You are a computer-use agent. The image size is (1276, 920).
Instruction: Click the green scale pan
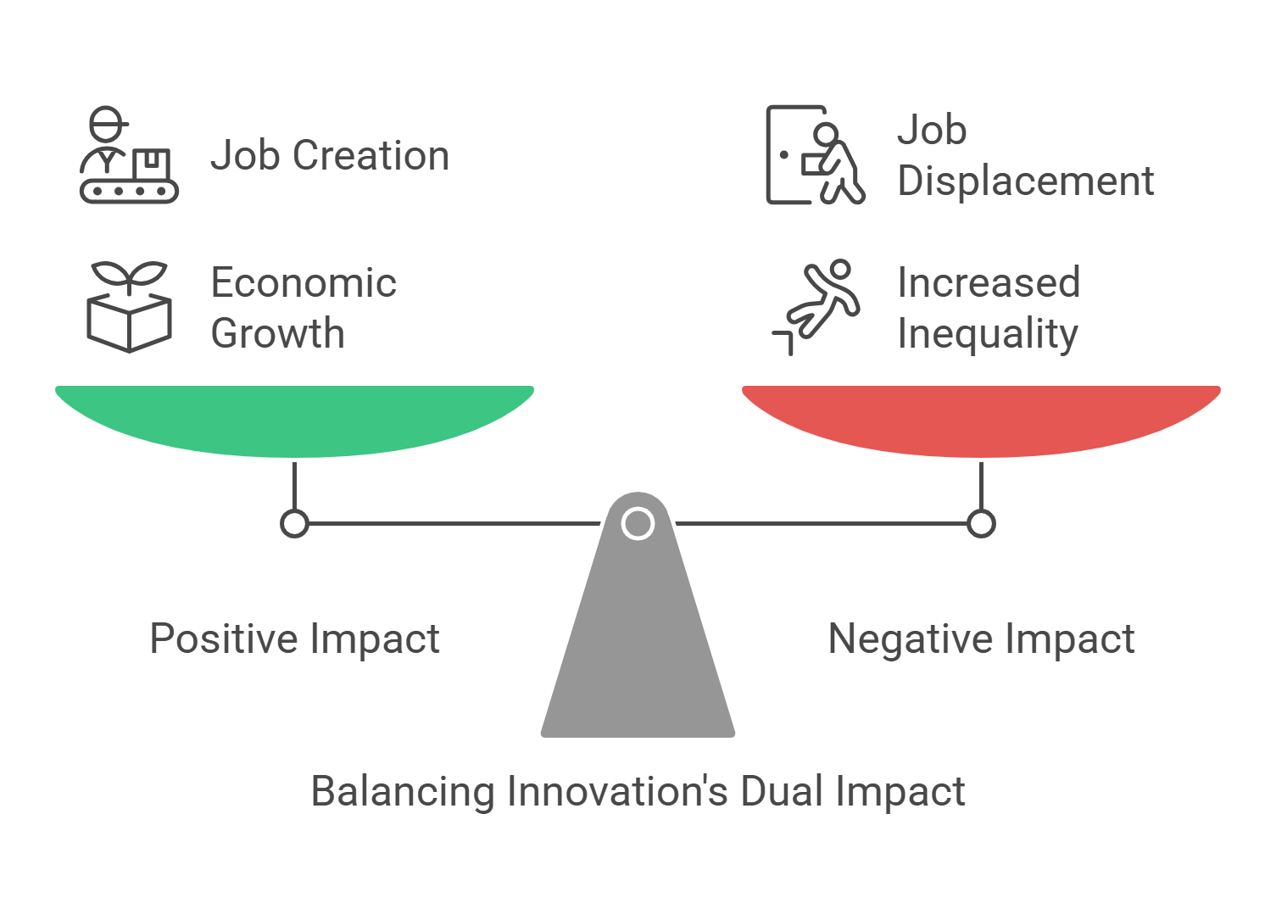click(x=294, y=420)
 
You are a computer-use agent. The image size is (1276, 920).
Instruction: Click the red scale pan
click(x=981, y=420)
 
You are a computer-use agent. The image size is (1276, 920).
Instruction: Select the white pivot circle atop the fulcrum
click(x=638, y=523)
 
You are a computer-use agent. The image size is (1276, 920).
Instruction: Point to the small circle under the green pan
click(x=294, y=523)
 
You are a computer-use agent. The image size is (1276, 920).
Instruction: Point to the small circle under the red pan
click(x=981, y=523)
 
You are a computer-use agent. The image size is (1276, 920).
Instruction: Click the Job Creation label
click(x=330, y=156)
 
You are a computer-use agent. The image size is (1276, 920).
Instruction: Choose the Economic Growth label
click(x=304, y=308)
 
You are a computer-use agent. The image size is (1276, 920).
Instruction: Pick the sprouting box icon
click(x=129, y=307)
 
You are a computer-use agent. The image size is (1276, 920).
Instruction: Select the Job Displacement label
click(x=1025, y=155)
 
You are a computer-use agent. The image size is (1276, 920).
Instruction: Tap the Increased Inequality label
click(x=989, y=308)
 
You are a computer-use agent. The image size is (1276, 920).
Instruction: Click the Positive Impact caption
click(x=294, y=638)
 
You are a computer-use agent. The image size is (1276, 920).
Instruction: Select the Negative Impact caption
click(x=981, y=638)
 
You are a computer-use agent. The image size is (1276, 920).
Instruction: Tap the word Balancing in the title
click(x=403, y=792)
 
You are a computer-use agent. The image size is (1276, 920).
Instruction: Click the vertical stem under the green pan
click(x=294, y=485)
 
